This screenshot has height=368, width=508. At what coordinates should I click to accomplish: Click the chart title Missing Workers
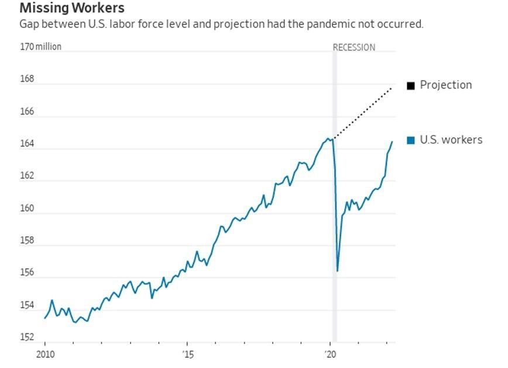pyautogui.click(x=71, y=9)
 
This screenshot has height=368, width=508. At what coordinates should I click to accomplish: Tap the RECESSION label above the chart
pyautogui.click(x=353, y=47)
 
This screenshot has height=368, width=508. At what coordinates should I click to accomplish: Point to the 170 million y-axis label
pyautogui.click(x=40, y=46)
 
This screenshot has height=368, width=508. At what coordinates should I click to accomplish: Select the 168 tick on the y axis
pyautogui.click(x=28, y=79)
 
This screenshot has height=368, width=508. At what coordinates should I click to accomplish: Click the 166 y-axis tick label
pyautogui.click(x=28, y=112)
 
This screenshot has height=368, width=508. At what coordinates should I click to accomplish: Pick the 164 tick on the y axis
pyautogui.click(x=28, y=144)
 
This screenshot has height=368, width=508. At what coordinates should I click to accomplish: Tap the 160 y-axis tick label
pyautogui.click(x=28, y=209)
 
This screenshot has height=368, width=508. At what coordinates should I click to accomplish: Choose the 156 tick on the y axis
pyautogui.click(x=28, y=273)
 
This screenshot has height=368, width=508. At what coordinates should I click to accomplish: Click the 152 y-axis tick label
pyautogui.click(x=28, y=338)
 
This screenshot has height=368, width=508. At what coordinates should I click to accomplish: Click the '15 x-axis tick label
pyautogui.click(x=187, y=355)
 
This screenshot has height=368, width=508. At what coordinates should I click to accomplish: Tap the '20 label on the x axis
pyautogui.click(x=330, y=355)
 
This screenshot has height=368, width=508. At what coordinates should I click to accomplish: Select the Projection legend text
pyautogui.click(x=445, y=85)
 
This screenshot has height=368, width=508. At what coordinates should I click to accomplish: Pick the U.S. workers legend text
pyautogui.click(x=451, y=140)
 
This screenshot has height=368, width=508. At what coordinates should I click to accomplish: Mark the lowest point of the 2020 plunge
pyautogui.click(x=338, y=270)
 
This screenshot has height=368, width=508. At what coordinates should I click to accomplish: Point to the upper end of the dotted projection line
pyautogui.click(x=392, y=87)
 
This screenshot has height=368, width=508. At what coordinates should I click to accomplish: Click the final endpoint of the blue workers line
pyautogui.click(x=392, y=141)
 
